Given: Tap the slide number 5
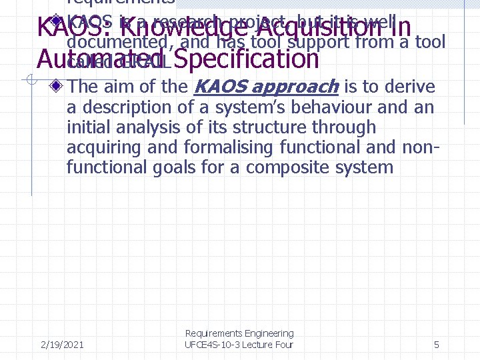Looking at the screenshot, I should click(436, 345).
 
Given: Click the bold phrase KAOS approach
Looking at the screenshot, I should click(265, 87).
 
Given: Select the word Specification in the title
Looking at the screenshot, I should click(248, 60).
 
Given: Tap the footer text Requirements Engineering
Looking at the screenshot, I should click(239, 333).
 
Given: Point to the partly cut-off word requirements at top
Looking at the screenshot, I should click(121, 3).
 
